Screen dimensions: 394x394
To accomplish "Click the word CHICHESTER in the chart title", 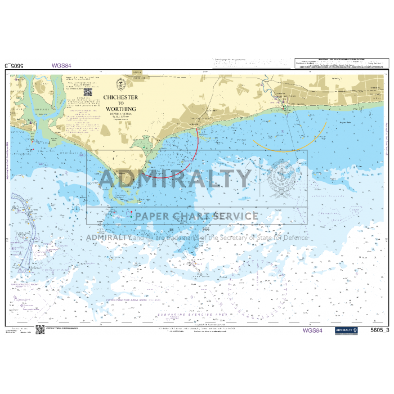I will [x=120, y=97].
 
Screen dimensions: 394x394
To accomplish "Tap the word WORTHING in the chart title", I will [x=120, y=109].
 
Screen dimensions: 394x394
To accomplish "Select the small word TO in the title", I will [x=120, y=103].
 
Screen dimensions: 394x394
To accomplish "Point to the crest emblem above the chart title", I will [x=120, y=85].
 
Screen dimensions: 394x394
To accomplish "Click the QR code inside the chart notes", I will [x=88, y=91].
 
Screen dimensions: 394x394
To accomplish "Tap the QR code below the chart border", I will [x=40, y=330].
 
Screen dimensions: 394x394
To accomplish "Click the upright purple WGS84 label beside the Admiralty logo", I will [x=312, y=330].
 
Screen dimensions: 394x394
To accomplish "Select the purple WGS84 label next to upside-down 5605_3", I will [x=61, y=65].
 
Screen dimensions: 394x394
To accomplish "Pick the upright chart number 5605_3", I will [x=380, y=330].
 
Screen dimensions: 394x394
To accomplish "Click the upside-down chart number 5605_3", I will [x=13, y=65].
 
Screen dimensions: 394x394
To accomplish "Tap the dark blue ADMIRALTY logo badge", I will [x=346, y=330].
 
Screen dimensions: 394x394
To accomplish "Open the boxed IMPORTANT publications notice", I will [x=341, y=63].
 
